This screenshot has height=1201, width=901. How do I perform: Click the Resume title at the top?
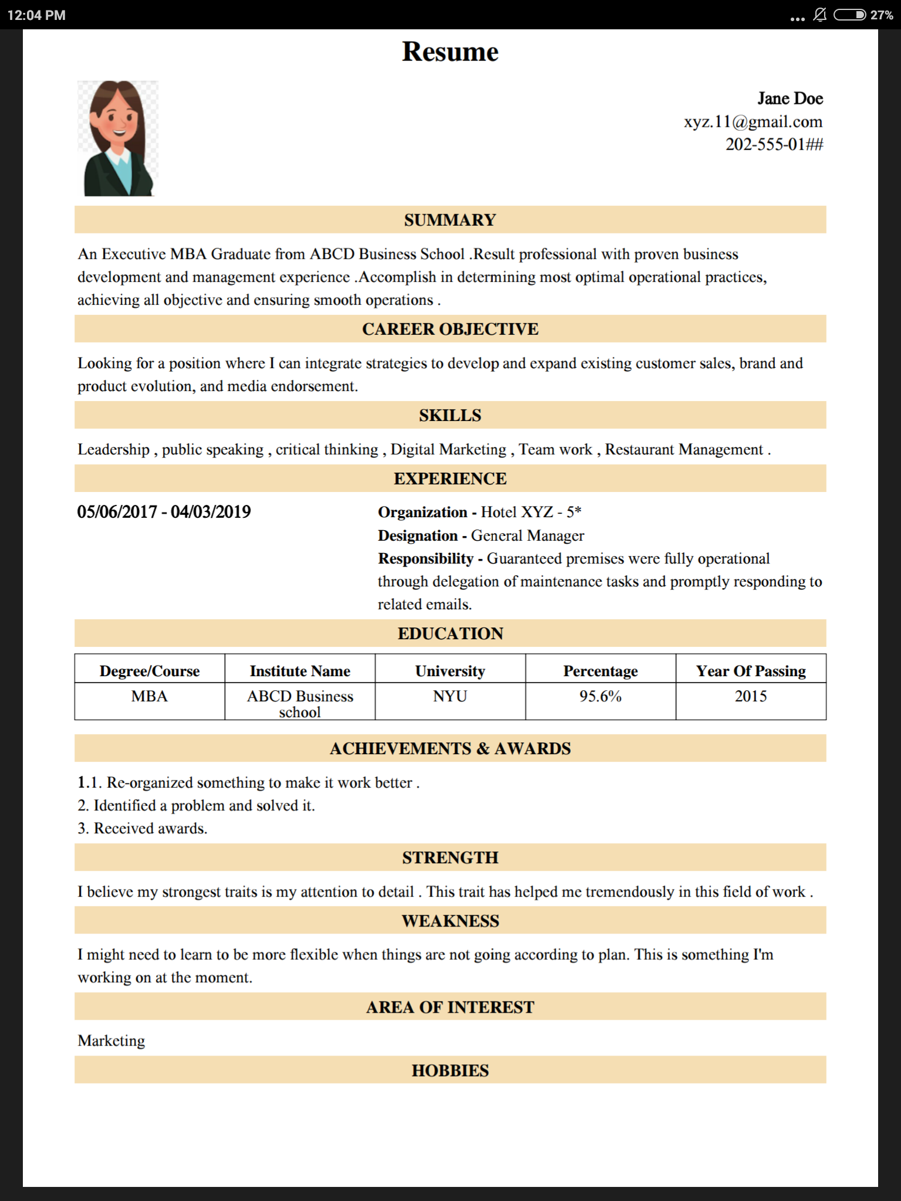[450, 52]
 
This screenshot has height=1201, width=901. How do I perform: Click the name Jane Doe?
[790, 99]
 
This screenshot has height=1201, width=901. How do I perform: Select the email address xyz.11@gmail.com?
[753, 122]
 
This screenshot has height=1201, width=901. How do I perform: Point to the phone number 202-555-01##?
[774, 144]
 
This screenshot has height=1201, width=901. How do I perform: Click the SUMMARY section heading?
[450, 220]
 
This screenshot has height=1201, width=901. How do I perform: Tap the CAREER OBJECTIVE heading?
[450, 329]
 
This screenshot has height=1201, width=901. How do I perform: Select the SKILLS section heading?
[450, 415]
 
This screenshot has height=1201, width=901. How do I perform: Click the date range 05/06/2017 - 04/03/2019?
[164, 512]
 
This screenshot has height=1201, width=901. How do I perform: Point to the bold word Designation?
[418, 535]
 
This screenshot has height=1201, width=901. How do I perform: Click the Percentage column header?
[600, 671]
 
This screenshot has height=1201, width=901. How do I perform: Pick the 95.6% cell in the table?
[600, 696]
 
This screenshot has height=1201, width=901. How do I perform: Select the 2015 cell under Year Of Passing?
[750, 696]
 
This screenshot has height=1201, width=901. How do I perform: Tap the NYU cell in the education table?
[450, 696]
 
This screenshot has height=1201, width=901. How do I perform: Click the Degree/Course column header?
[150, 671]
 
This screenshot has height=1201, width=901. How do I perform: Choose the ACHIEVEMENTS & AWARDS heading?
[450, 748]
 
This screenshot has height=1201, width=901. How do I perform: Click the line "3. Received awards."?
[143, 828]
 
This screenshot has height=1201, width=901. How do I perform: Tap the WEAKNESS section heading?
[450, 921]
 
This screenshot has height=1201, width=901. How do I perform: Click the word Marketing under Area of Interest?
[111, 1040]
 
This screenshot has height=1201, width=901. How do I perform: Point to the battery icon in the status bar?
[849, 15]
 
